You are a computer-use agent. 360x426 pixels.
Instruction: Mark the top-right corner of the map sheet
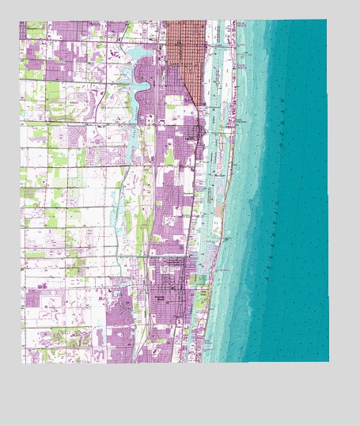(x=327, y=20)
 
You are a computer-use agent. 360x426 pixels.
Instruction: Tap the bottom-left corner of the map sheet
(x=21, y=363)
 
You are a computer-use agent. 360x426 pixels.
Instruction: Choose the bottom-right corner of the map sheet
(x=328, y=362)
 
